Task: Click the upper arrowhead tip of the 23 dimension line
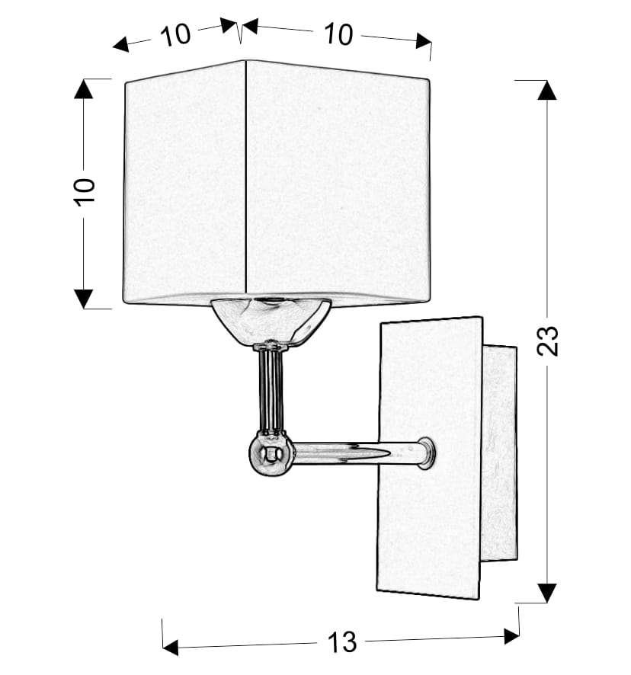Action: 547,81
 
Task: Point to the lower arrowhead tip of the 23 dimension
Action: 547,603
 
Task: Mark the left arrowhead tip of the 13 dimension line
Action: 163,648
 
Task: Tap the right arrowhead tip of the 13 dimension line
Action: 520,635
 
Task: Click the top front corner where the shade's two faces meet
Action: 245,61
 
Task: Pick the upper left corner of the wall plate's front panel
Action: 381,323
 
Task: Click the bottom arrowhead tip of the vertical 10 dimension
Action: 84,309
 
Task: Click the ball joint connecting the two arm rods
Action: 271,454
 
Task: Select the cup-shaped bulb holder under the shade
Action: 271,322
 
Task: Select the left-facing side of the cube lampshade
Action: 184,183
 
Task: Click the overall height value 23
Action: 547,341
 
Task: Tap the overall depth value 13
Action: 342,642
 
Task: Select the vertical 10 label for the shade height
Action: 85,191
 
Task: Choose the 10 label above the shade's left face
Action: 175,35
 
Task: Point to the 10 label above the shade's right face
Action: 338,34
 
